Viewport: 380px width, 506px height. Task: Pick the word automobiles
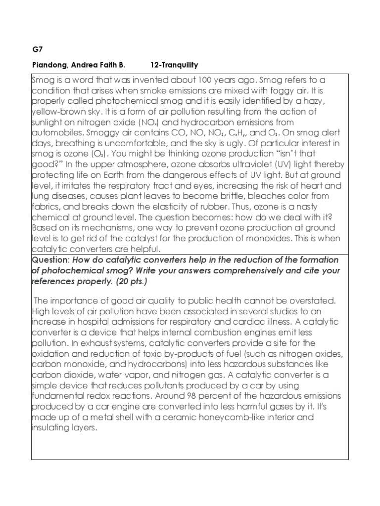55,132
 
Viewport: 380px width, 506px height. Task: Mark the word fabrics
45,207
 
